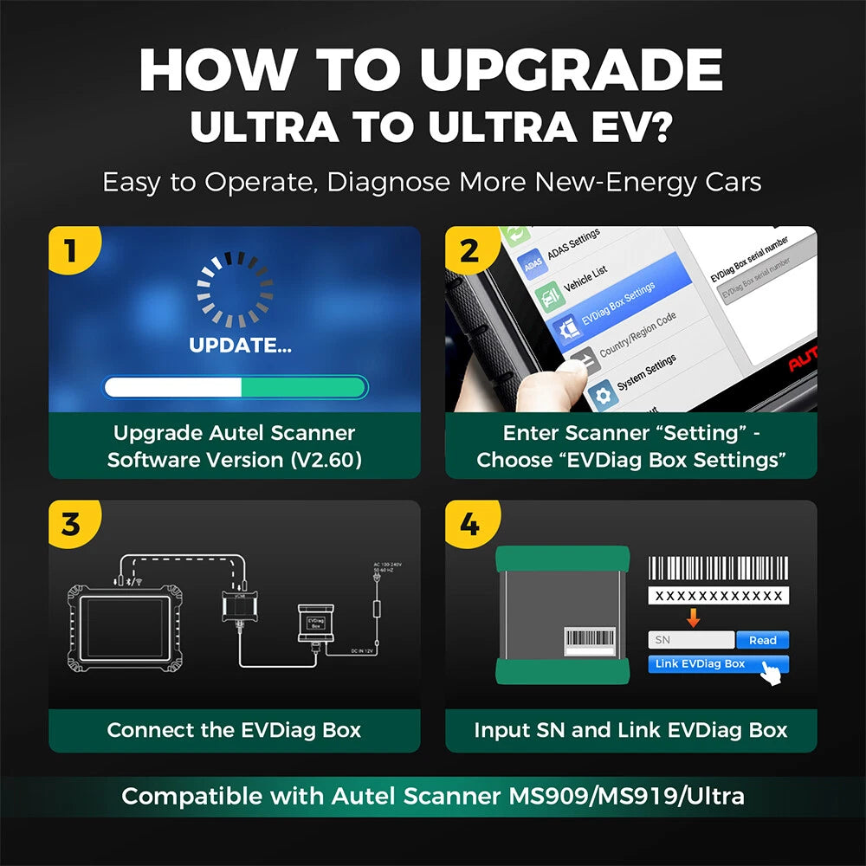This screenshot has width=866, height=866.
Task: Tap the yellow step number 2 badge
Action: coord(469,251)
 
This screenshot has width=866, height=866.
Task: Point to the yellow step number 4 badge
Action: coord(469,525)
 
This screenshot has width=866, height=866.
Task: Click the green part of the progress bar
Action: coord(303,386)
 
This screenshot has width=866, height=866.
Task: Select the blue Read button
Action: coord(762,640)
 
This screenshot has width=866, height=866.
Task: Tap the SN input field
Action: coord(690,640)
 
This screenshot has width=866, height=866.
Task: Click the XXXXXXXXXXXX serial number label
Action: coord(718,596)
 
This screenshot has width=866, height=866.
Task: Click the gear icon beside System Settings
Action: coord(600,394)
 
